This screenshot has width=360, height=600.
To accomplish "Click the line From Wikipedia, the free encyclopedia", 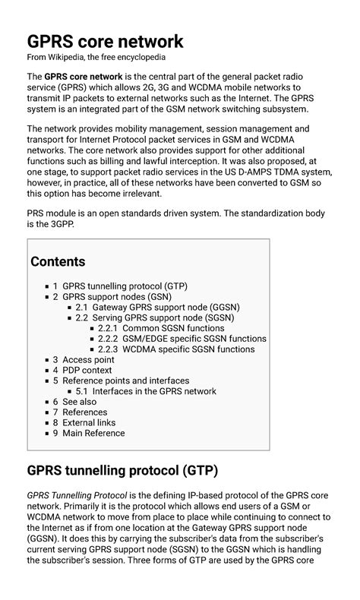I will pyautogui.click(x=96, y=57).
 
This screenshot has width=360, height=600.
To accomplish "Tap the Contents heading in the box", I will pyautogui.click(x=58, y=262).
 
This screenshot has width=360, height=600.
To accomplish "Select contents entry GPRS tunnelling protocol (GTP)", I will pyautogui.click(x=125, y=286).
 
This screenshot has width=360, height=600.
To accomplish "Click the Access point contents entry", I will pyautogui.click(x=88, y=360).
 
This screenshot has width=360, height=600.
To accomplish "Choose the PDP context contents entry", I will pyautogui.click(x=87, y=371).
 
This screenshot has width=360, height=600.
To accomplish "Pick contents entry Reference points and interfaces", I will pyautogui.click(x=126, y=381).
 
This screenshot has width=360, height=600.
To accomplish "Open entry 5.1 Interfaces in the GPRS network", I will pyautogui.click(x=154, y=391).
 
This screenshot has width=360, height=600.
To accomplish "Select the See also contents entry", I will pyautogui.click(x=79, y=402).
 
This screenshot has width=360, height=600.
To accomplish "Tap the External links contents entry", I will pyautogui.click(x=89, y=422).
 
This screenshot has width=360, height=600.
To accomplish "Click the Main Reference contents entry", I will pyautogui.click(x=93, y=433).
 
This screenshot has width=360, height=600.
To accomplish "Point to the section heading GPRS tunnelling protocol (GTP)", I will pyautogui.click(x=122, y=471).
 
